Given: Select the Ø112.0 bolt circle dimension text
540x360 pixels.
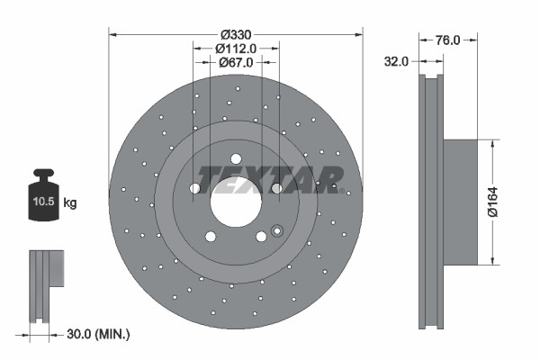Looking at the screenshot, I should pos(236,49).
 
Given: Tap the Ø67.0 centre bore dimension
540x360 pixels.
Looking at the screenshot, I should pos(236,62).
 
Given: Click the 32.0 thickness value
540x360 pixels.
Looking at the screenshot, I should pos(397,61).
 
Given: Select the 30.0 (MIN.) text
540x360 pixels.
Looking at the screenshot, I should pos(98,334).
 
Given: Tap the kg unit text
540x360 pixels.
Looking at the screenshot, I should pos(70,203).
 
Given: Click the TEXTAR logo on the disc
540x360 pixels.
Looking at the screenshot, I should pos(270,180).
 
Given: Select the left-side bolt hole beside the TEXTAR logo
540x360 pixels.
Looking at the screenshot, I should pos(194,189).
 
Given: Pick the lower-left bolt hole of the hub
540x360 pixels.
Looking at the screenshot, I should pos(211,237).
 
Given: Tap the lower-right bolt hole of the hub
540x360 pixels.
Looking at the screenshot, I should pos(261,237).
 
